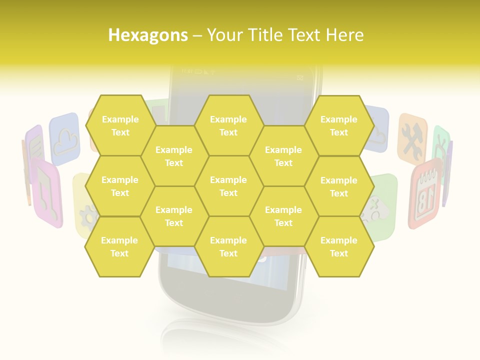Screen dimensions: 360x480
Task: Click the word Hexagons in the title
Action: [148, 35]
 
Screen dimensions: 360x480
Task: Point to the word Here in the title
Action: [344, 35]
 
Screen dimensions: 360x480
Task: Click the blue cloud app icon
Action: [65, 138]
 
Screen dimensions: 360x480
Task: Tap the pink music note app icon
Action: [46, 192]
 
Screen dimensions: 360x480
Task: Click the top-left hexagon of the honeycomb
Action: [120, 125]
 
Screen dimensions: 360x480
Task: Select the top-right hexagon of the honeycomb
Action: [339, 125]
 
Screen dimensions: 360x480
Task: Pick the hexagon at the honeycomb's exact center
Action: [228, 186]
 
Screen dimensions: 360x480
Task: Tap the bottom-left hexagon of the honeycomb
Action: [119, 246]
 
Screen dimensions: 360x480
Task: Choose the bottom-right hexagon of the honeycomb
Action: [339, 246]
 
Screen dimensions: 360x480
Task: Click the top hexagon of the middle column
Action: [228, 125]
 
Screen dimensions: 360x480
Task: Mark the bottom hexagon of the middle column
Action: [228, 246]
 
